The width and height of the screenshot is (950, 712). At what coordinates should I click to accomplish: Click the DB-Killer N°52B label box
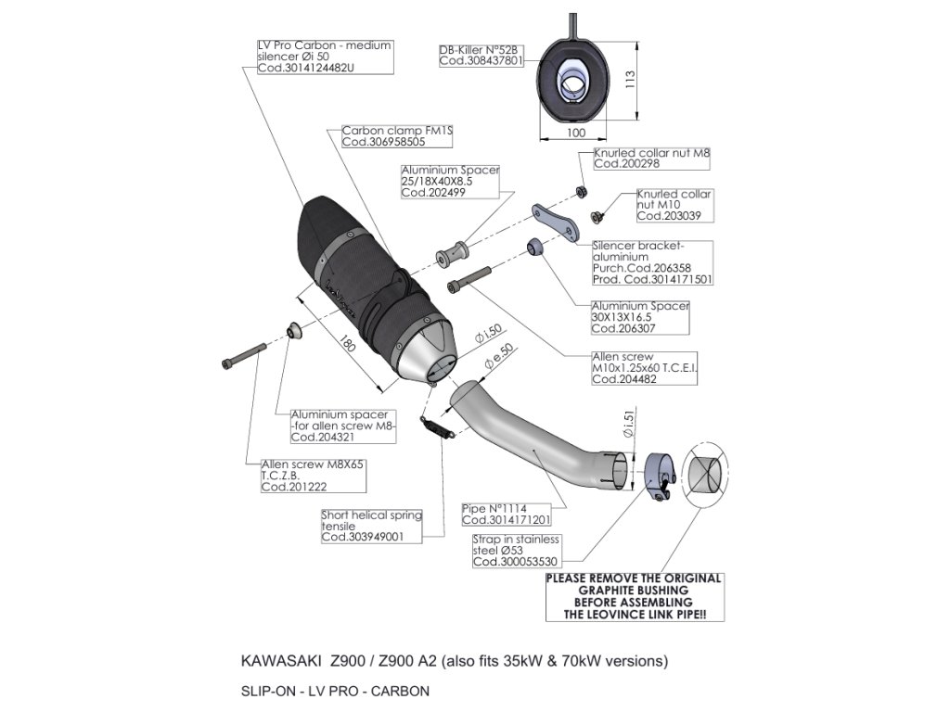(481, 54)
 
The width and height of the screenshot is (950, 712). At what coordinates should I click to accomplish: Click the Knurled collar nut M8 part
(581, 191)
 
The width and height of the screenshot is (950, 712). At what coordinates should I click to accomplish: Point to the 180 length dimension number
(347, 345)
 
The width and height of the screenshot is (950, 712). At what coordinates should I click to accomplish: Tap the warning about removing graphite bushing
(634, 596)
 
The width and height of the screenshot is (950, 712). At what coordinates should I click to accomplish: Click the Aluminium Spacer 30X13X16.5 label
(640, 316)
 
